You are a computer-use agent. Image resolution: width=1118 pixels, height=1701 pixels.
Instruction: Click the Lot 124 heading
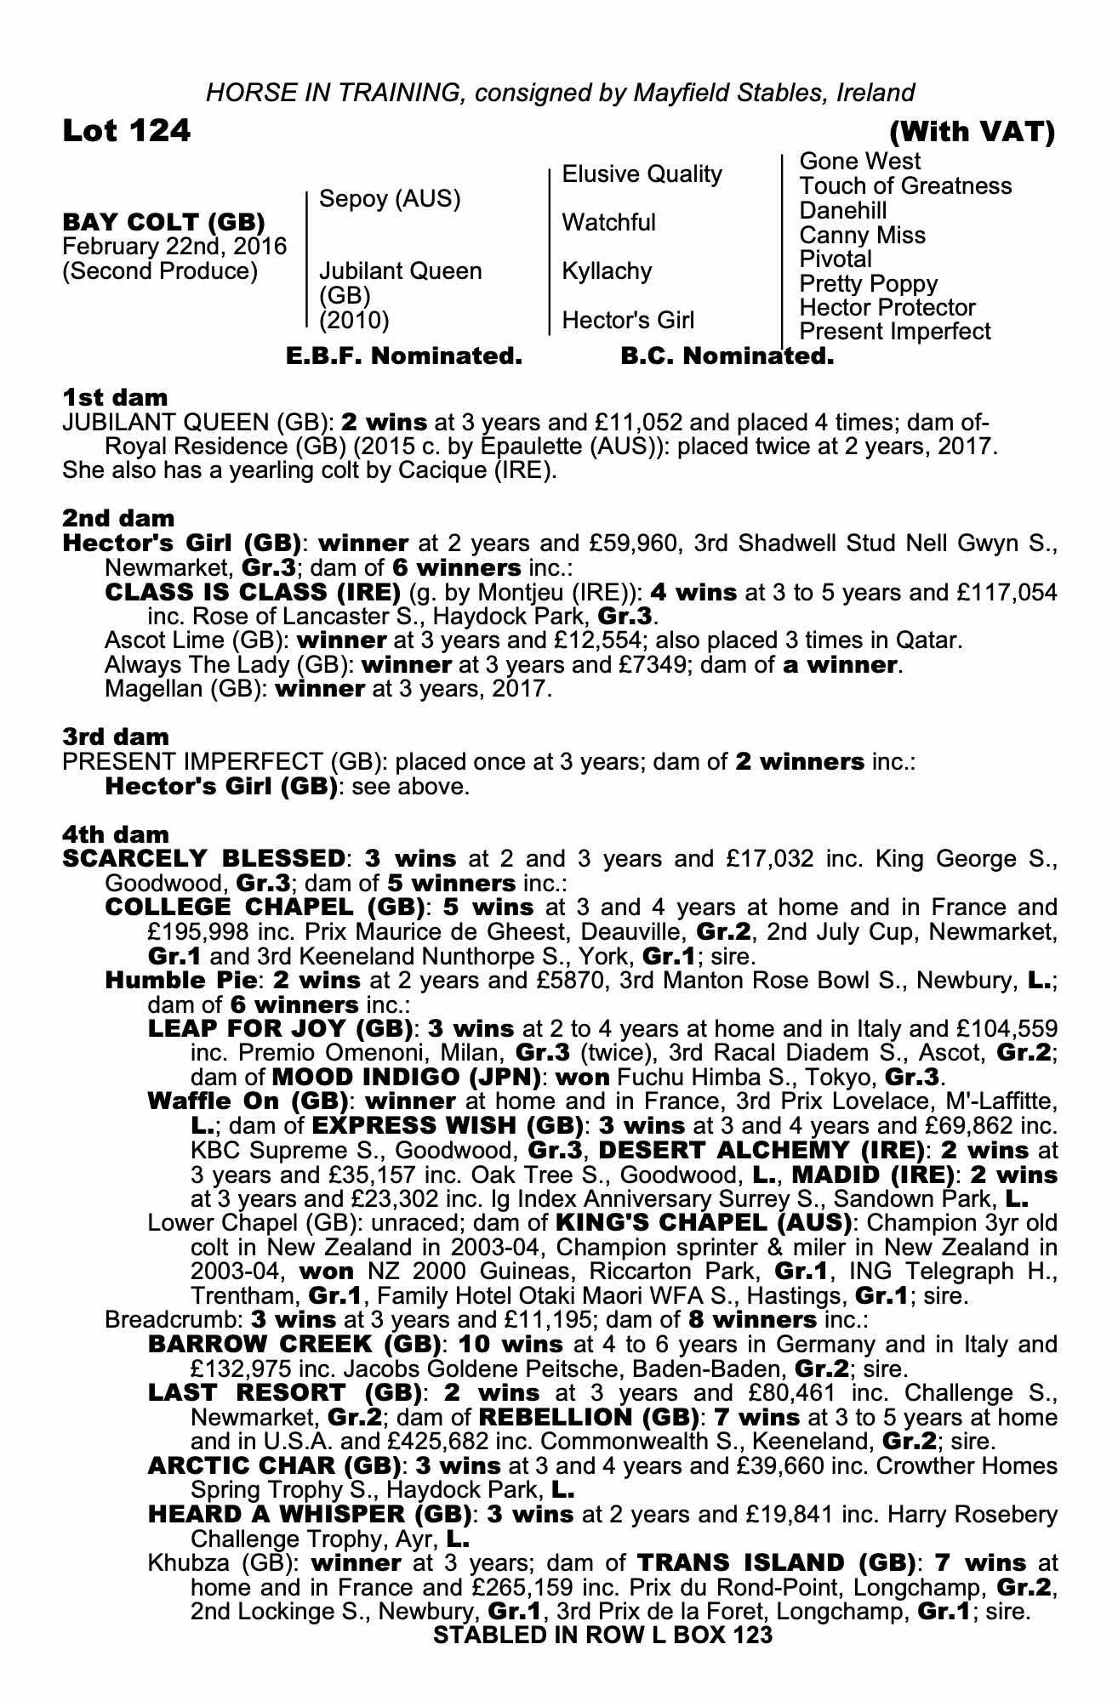coord(127,131)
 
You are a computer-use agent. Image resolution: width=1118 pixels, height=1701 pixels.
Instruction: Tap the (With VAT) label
coord(972,132)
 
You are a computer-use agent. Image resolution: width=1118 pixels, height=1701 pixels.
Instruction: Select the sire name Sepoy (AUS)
coord(389,199)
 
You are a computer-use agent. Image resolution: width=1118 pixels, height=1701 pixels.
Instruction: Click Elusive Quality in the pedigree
coord(642,174)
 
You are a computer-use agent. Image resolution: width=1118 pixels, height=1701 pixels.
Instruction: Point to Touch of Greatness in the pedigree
coord(905,186)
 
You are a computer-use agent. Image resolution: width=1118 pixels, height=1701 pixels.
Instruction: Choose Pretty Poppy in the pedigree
coord(868,283)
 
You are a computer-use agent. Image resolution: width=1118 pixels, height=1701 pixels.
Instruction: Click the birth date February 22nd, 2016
coord(174,247)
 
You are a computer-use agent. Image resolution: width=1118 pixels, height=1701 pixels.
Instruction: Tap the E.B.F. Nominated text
coord(404,356)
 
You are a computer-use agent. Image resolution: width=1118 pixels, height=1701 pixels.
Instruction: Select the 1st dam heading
coord(115,397)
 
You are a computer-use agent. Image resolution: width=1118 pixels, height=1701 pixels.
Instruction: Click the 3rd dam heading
coord(116,737)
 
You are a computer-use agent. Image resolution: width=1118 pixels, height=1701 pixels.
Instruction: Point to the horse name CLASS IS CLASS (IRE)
coord(252,592)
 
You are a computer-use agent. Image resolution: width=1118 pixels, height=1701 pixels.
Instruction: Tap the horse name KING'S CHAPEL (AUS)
coord(704,1223)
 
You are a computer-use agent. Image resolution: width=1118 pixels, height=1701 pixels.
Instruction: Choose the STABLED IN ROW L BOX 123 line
coord(602,1635)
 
